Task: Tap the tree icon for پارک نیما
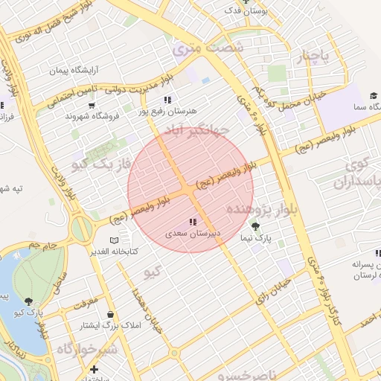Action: click(257, 227)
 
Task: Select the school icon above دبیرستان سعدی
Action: click(193, 222)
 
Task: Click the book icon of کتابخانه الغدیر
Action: click(114, 240)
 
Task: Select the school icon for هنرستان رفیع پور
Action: click(167, 100)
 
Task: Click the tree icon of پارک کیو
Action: click(28, 301)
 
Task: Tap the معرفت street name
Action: click(86, 302)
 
